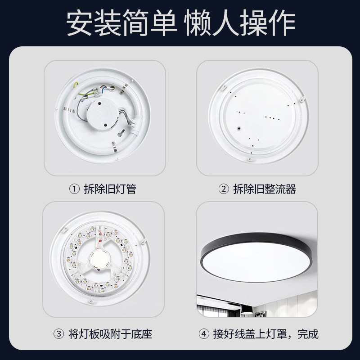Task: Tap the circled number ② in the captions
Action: tap(223, 189)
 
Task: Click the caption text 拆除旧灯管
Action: tap(110, 189)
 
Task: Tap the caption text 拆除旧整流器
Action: tap(264, 189)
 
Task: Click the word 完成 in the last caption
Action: tap(308, 334)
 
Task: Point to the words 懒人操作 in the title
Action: tap(240, 22)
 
